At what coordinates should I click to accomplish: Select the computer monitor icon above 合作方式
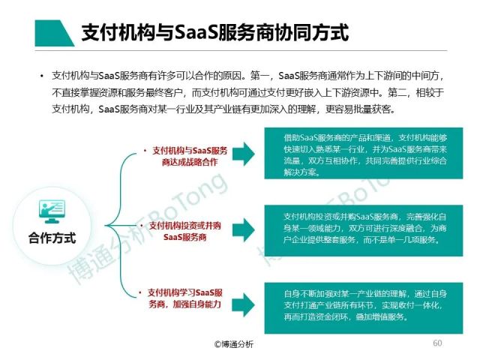coord(52,211)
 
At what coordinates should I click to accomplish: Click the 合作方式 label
coord(52,238)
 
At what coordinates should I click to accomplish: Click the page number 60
coord(438,343)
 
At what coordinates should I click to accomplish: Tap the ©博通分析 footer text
coord(234,343)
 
